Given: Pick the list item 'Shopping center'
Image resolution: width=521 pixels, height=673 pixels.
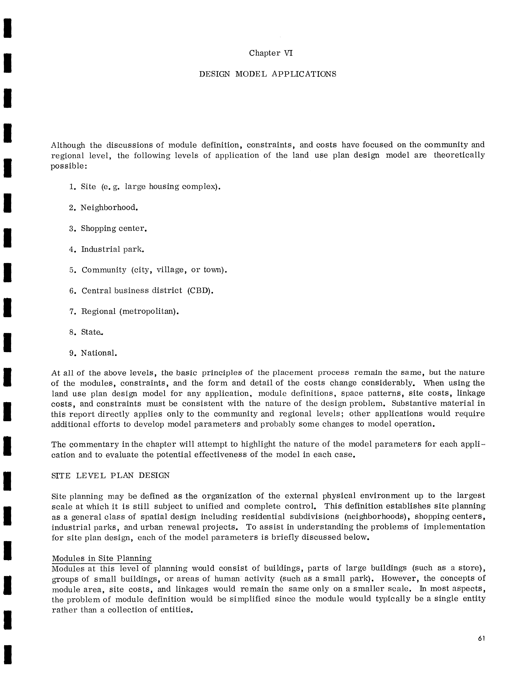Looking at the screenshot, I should pyautogui.click(x=113, y=229).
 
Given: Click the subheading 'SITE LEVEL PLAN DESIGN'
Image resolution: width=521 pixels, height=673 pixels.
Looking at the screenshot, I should pyautogui.click(x=110, y=476).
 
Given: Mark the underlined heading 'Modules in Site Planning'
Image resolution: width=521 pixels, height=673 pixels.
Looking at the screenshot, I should pyautogui.click(x=102, y=558).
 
